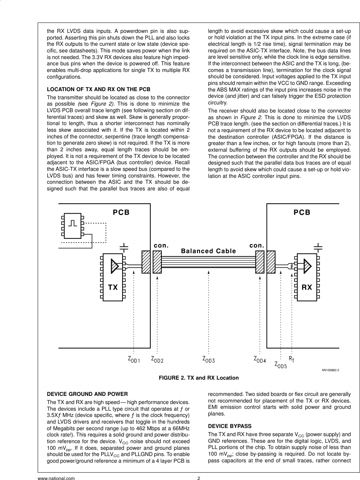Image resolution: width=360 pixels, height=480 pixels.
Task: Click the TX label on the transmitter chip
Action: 113,287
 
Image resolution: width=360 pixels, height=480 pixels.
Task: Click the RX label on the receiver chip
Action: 307,287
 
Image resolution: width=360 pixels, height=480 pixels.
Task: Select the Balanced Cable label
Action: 208,251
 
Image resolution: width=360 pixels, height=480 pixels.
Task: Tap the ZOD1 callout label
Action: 134,359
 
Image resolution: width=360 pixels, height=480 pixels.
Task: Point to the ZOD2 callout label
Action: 157,359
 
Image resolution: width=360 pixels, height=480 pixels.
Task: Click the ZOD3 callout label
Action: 209,359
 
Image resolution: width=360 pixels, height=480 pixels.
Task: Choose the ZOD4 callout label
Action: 260,359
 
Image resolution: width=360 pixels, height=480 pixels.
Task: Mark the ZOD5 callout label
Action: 281,365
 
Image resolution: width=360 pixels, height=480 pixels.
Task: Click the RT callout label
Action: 292,359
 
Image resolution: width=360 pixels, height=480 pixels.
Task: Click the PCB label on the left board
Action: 121,213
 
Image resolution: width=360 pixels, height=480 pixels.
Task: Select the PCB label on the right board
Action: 302,213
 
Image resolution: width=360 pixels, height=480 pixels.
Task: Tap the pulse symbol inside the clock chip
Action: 73,224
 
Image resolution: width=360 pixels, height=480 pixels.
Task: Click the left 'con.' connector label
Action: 161,245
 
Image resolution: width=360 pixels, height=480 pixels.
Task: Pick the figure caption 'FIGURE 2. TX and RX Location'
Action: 199,378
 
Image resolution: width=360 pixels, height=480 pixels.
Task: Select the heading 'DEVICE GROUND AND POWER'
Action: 87,394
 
